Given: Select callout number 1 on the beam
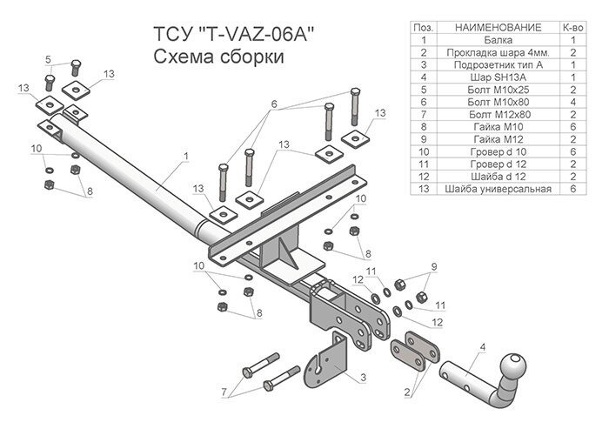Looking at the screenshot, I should [185, 157].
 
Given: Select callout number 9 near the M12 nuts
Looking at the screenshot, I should [434, 266].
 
